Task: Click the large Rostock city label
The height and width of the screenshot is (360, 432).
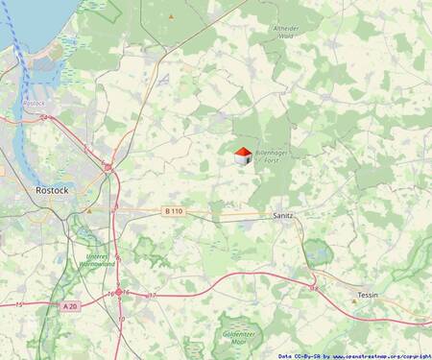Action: (x=51, y=190)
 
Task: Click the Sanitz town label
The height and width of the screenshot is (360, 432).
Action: (x=284, y=218)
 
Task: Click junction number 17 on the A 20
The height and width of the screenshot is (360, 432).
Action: (x=152, y=295)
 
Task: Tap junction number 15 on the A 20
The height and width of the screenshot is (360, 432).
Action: (x=19, y=304)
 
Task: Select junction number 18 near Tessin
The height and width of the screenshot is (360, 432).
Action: (x=314, y=287)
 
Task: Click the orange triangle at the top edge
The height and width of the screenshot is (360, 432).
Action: (x=171, y=17)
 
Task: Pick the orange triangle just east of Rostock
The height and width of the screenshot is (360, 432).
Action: (x=88, y=209)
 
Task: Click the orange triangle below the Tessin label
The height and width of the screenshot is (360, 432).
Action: (x=353, y=301)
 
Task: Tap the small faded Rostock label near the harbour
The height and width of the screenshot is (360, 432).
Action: (x=34, y=102)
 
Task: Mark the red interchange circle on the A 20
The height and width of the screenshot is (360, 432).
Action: (x=119, y=294)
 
